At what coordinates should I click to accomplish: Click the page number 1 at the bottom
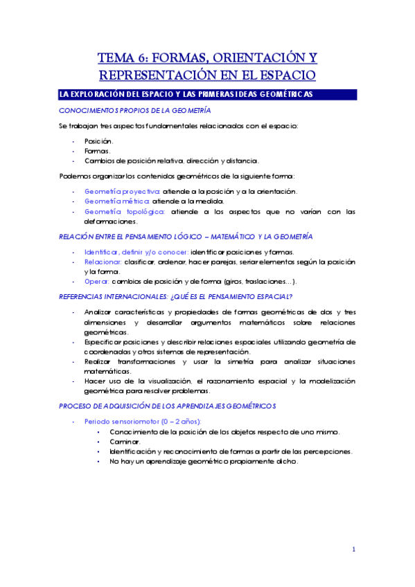pos(353,550)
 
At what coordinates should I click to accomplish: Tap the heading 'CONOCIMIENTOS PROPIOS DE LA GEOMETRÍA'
pos(135,111)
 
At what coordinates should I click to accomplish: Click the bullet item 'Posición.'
pos(100,141)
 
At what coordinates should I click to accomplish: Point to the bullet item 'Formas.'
pos(98,150)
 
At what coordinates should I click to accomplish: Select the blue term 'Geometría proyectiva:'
pos(122,190)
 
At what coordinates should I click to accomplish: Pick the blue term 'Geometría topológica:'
pos(124,212)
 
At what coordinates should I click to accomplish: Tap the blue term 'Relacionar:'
pos(103,262)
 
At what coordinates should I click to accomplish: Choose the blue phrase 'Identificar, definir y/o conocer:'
pos(135,252)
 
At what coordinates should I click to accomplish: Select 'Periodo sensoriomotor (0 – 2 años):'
pos(143,421)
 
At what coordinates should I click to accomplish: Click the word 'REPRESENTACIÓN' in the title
pos(158,74)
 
